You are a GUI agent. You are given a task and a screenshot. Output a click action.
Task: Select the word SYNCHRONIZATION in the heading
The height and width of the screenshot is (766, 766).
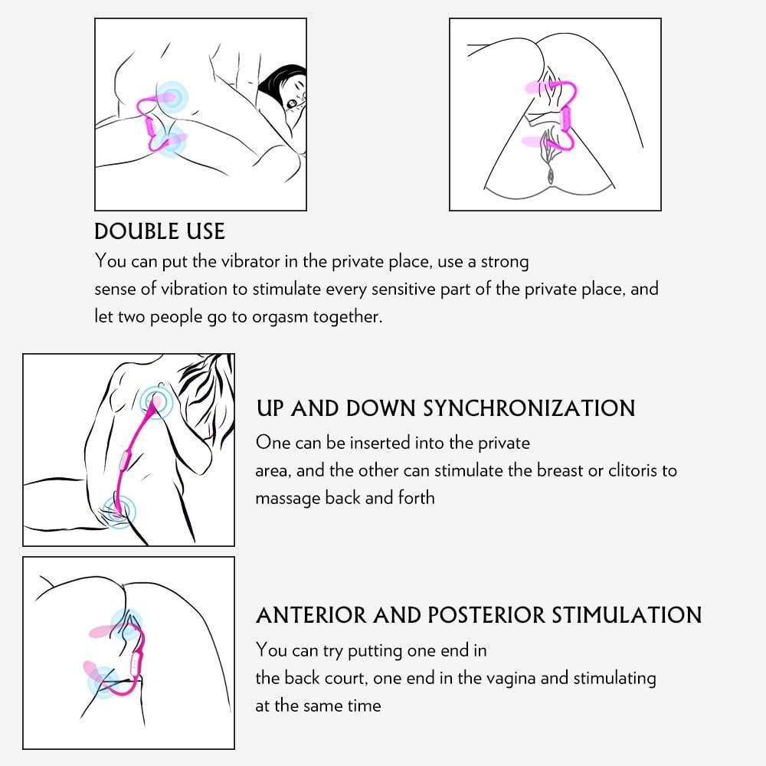(x=529, y=408)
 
